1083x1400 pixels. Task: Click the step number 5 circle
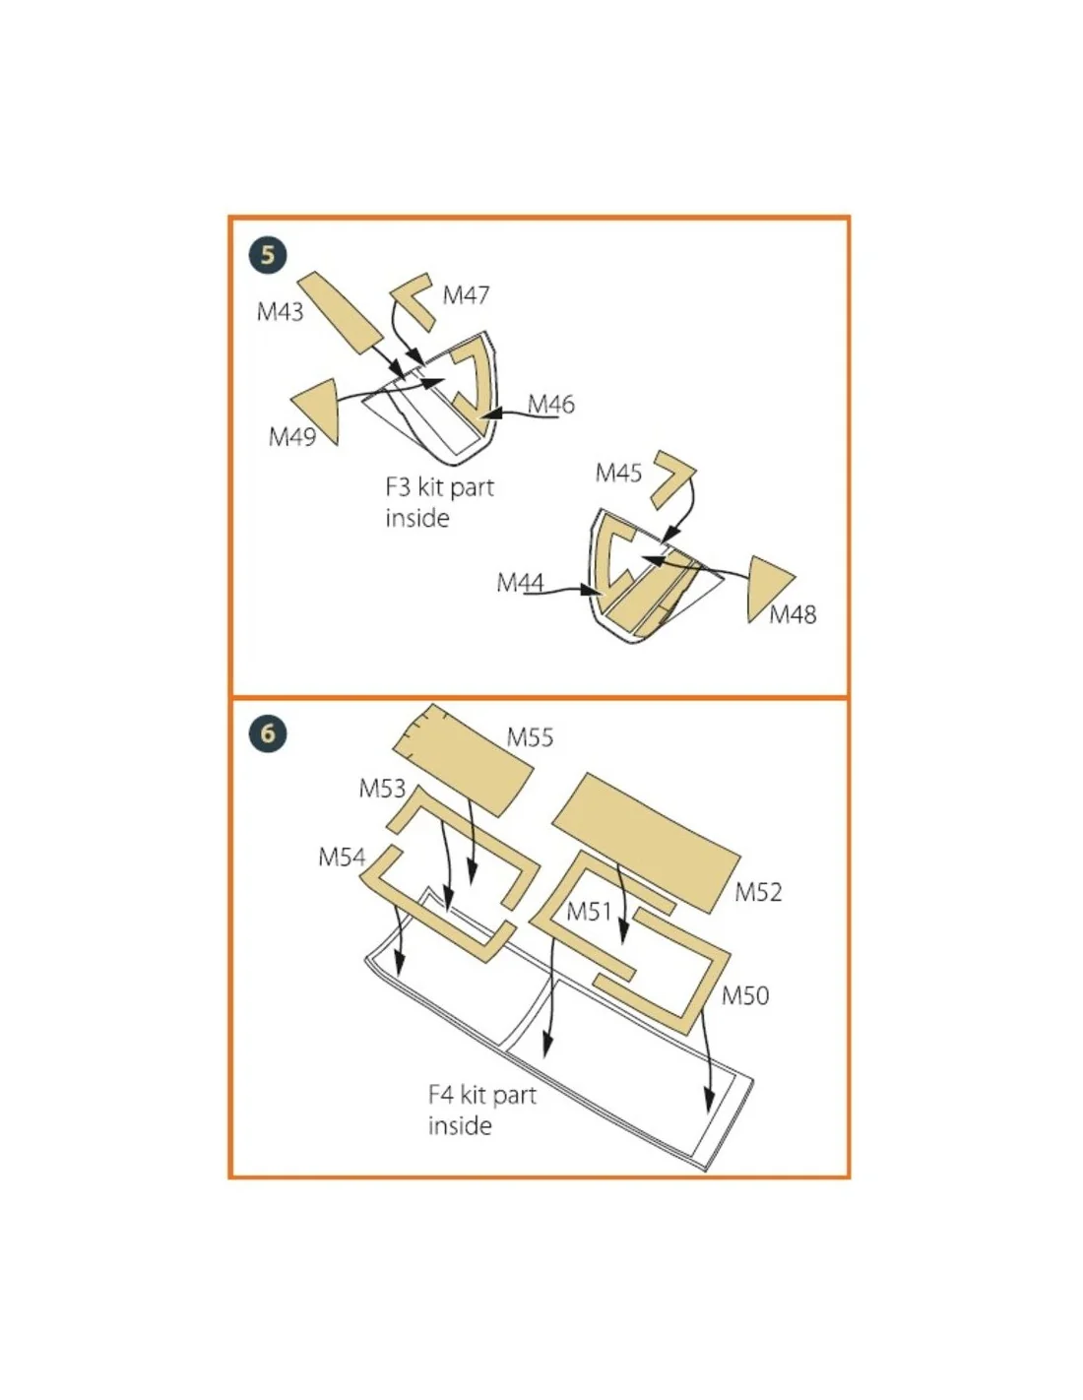[x=268, y=255]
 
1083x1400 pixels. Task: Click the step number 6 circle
[x=268, y=733]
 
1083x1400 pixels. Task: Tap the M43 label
[x=280, y=312]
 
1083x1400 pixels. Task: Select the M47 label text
[x=466, y=295]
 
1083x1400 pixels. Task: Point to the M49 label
[x=292, y=437]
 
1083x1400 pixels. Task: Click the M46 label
[x=550, y=405]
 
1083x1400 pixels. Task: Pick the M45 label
[x=618, y=473]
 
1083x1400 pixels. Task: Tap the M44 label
[x=520, y=583]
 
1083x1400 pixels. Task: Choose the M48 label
[x=793, y=614]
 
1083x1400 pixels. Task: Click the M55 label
[x=530, y=737]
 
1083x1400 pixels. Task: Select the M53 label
[x=382, y=788]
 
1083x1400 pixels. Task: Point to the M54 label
[x=342, y=857]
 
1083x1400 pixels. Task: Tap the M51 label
[x=589, y=912]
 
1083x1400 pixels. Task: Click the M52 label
[x=758, y=892]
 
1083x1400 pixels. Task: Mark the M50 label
[x=744, y=995]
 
